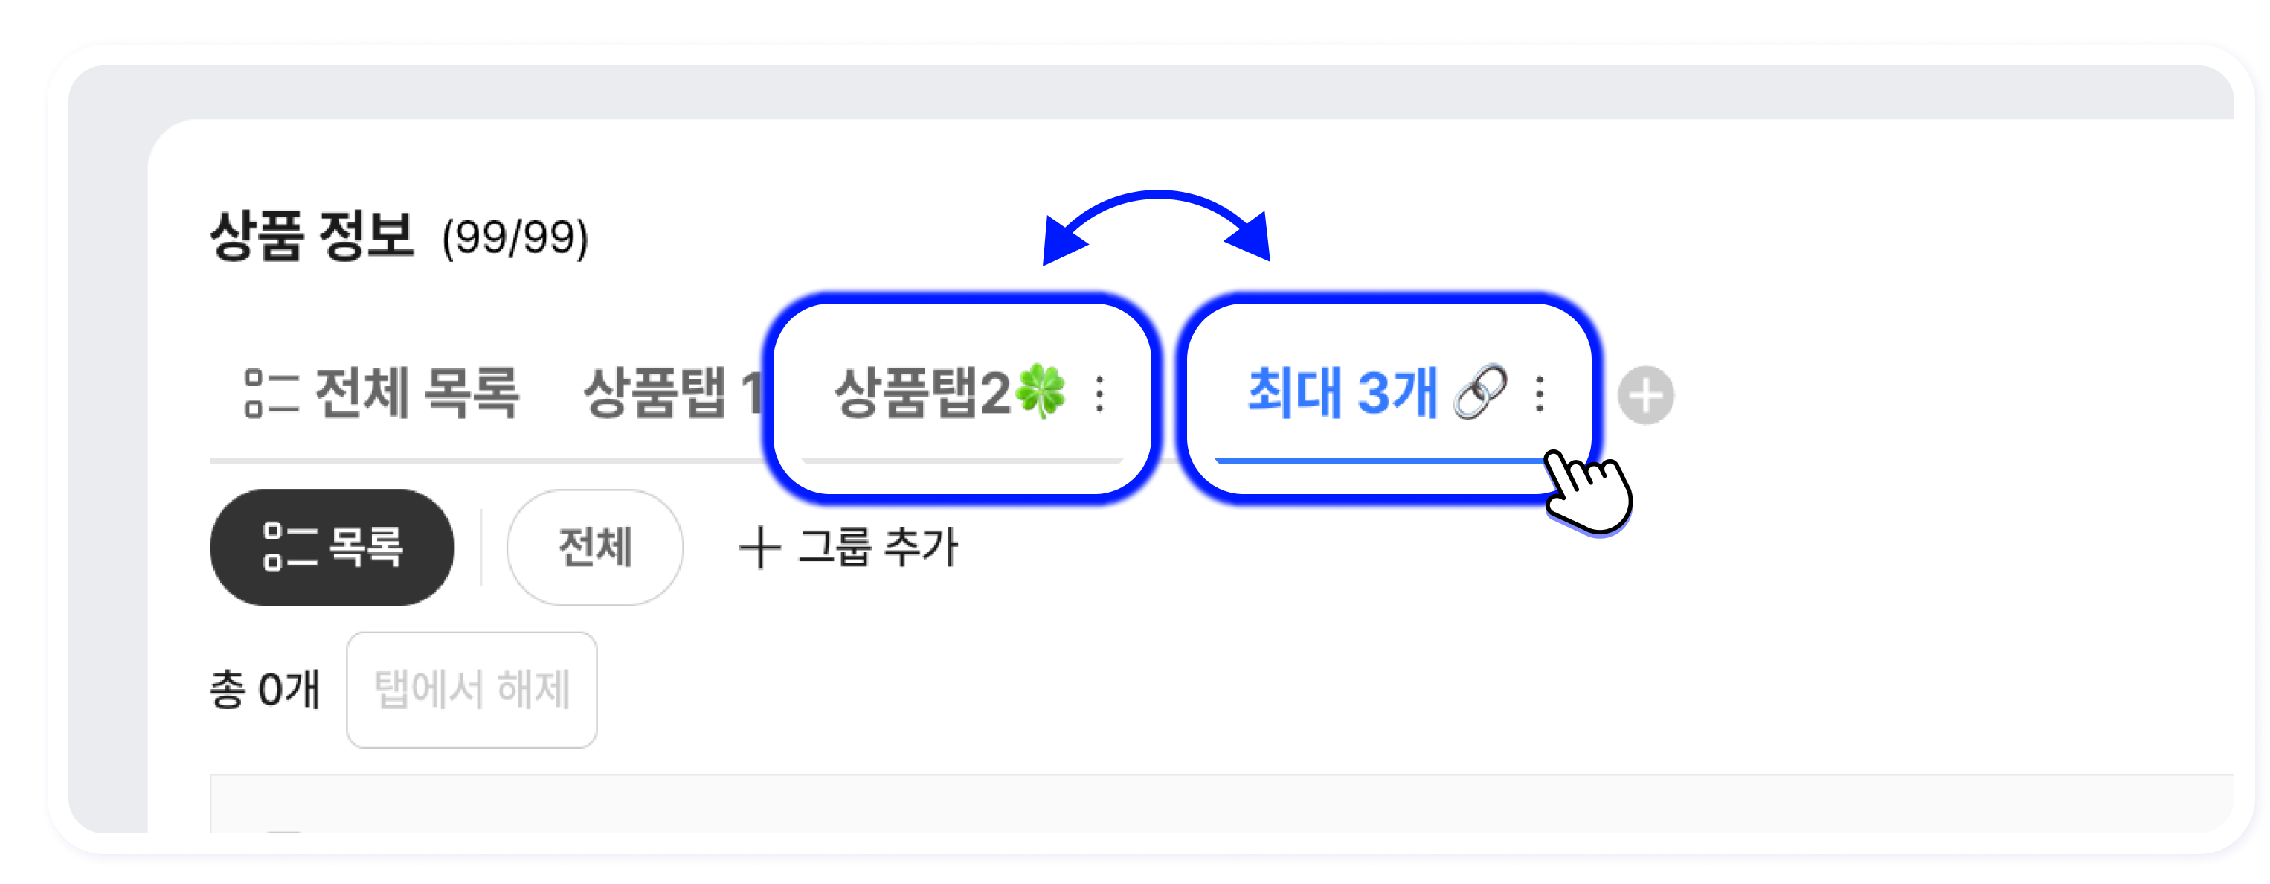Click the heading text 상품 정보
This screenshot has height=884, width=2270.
311,235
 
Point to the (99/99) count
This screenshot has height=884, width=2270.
515,237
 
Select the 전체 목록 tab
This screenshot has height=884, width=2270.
416,392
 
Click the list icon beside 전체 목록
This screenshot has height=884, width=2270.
271,393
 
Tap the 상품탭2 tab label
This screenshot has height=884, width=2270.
922,392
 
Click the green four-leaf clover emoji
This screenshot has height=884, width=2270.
1041,391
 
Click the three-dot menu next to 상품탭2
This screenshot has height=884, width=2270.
1100,394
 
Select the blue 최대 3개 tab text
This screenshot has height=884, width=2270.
1342,392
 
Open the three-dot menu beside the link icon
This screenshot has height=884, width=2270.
1540,394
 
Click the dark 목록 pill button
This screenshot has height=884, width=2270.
332,548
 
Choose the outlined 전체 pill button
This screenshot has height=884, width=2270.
595,548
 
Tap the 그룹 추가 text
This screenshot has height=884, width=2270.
877,548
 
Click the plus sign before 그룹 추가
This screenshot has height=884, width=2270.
759,548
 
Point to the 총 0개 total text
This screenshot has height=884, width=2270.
264,689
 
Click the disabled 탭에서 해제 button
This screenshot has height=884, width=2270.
472,690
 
